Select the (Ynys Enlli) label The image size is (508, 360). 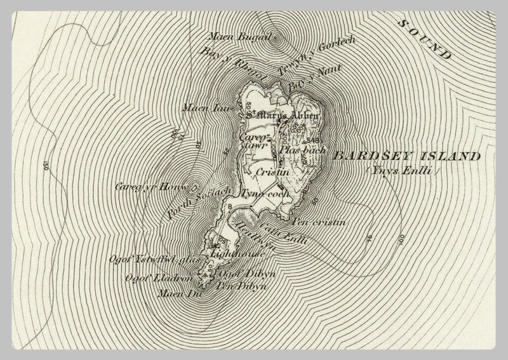pos(394,171)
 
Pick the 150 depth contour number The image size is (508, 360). pos(46,167)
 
